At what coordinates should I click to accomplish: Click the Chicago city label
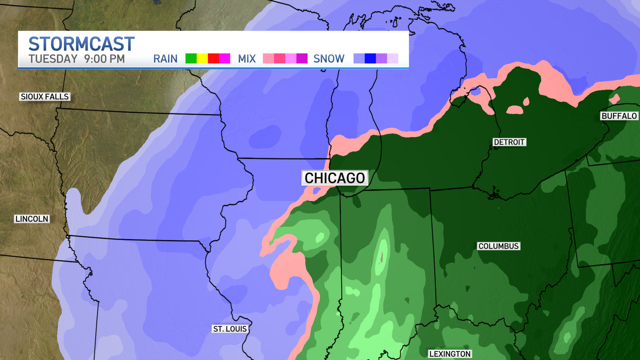click(x=335, y=178)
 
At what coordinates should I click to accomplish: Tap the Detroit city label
click(x=509, y=142)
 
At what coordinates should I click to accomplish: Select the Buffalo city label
click(x=619, y=116)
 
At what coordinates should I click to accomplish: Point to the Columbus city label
click(x=498, y=246)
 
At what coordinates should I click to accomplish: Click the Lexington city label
click(x=450, y=354)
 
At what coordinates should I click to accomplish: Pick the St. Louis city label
click(x=230, y=329)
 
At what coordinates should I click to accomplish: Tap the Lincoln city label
click(x=32, y=219)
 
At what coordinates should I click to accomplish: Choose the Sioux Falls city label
click(x=45, y=97)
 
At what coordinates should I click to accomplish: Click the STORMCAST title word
click(x=81, y=44)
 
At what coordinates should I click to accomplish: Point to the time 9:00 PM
click(x=104, y=59)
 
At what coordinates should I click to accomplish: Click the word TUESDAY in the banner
click(x=53, y=59)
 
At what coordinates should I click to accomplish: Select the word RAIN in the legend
click(x=165, y=59)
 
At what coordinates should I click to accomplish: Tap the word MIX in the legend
click(x=247, y=59)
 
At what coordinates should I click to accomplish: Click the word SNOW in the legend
click(x=329, y=59)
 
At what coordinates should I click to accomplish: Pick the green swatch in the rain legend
click(x=191, y=58)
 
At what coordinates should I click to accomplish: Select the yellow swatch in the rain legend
click(x=202, y=58)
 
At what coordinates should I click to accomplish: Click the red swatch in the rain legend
click(x=213, y=58)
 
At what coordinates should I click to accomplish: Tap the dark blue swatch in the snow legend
click(x=370, y=58)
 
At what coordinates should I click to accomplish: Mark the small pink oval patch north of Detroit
click(x=515, y=110)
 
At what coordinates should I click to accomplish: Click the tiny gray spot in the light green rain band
click(x=382, y=257)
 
